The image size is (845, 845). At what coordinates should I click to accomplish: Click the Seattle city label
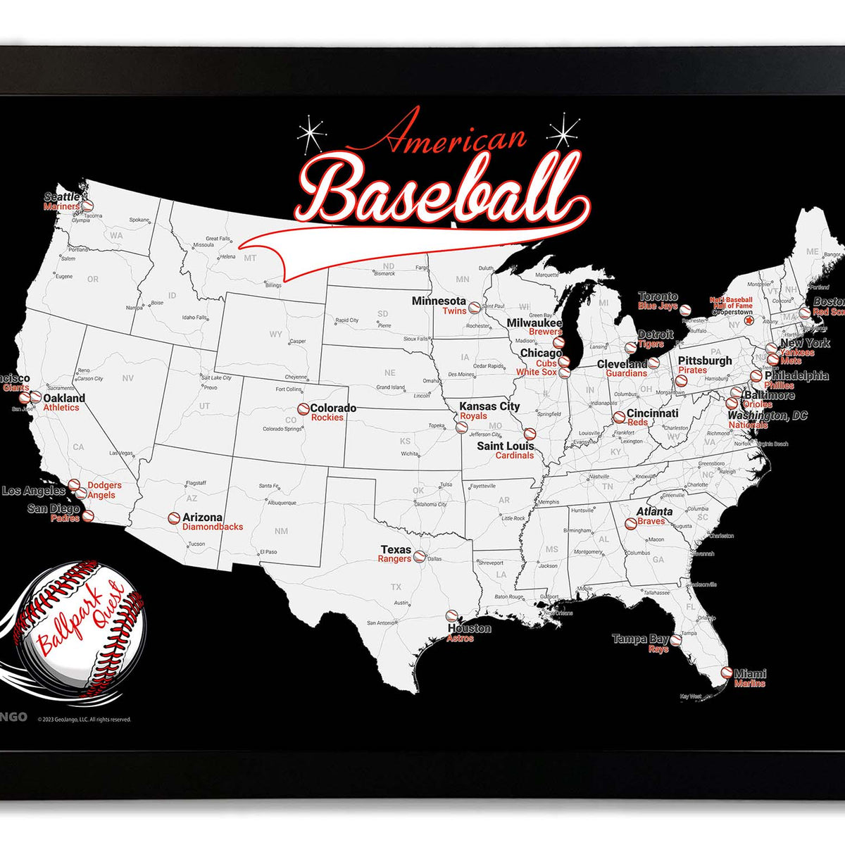[x=63, y=197]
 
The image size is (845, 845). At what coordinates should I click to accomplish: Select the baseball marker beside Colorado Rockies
[x=303, y=408]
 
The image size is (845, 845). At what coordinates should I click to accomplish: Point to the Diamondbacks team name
[x=213, y=527]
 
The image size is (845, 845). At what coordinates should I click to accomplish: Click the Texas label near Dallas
[x=396, y=549]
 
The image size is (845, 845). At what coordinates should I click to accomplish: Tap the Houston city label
[x=469, y=628]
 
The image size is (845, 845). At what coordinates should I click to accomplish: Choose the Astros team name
[x=461, y=638]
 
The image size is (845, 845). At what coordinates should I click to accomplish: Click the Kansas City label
[x=489, y=406]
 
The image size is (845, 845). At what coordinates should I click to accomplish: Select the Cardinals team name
[x=515, y=456]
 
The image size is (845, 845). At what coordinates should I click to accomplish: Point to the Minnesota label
[x=439, y=301]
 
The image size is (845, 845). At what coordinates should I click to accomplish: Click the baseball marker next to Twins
[x=474, y=308]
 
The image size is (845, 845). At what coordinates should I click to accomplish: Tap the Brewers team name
[x=546, y=332]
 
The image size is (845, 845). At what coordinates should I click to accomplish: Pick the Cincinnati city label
[x=652, y=413]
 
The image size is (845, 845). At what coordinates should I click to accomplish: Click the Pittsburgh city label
[x=705, y=361]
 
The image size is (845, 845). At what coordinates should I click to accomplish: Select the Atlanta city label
[x=654, y=511]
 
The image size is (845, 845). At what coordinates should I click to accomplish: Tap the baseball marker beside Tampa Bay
[x=676, y=641]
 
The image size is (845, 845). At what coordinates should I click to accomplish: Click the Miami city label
[x=750, y=673]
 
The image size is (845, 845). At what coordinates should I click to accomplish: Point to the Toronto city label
[x=658, y=296]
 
